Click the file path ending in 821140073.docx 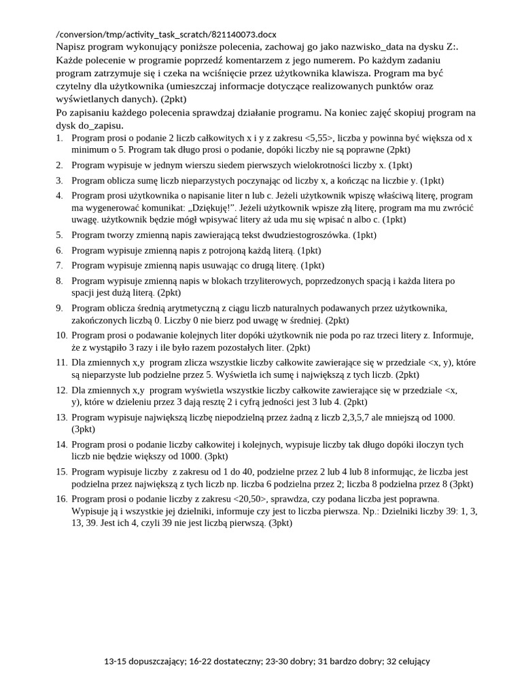(166, 34)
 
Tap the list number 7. (59, 265)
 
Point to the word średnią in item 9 (162, 308)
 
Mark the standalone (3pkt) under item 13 (84, 429)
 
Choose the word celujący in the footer (405, 661)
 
